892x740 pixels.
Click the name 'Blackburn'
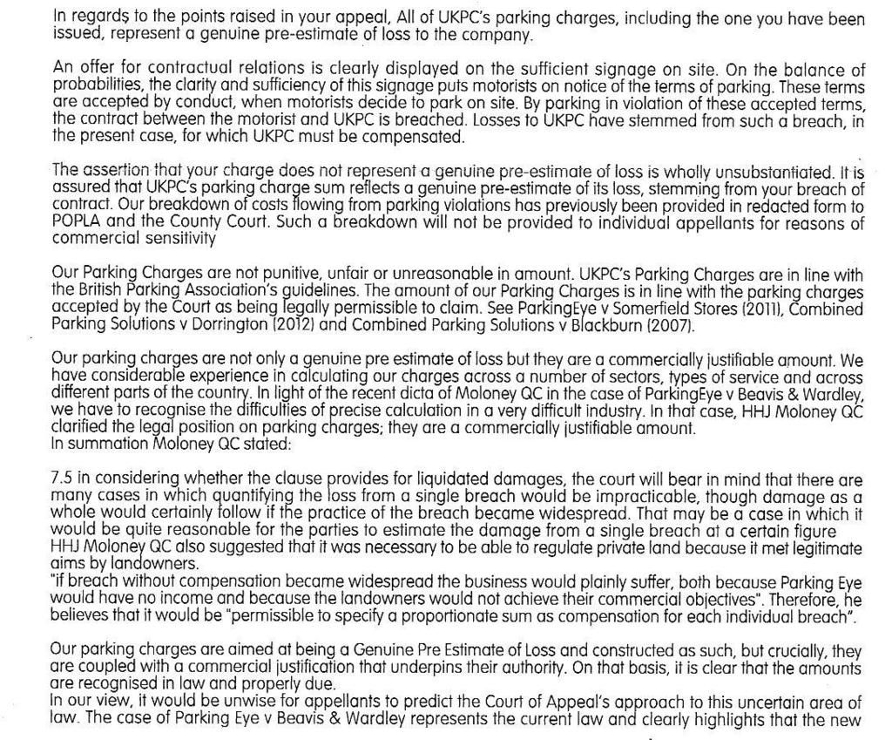pyautogui.click(x=613, y=325)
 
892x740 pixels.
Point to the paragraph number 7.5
pyautogui.click(x=64, y=481)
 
